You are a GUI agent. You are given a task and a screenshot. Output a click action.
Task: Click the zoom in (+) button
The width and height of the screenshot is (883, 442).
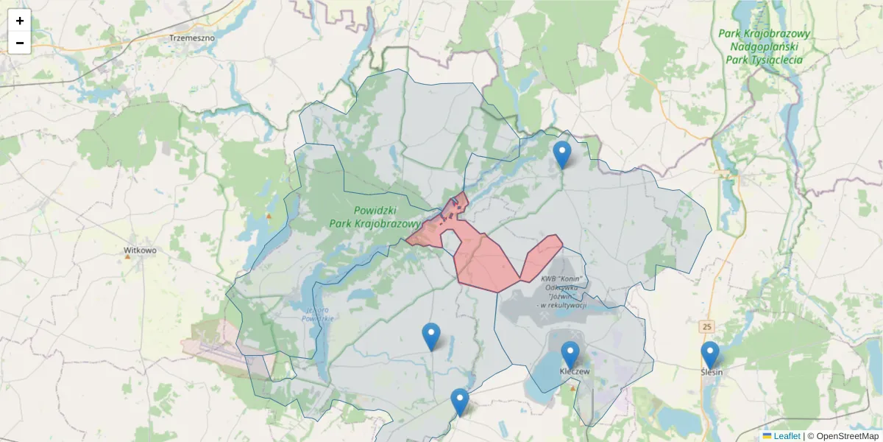pyautogui.click(x=20, y=21)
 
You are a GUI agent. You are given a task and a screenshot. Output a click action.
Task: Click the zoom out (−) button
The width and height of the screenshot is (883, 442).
pyautogui.click(x=20, y=43)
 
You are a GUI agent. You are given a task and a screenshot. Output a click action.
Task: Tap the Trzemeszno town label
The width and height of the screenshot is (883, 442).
pyautogui.click(x=191, y=37)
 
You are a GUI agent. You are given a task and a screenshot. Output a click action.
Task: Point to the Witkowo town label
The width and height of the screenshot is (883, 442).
pyautogui.click(x=140, y=250)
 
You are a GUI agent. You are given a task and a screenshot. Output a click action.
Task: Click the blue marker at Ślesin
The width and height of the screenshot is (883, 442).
pyautogui.click(x=709, y=354)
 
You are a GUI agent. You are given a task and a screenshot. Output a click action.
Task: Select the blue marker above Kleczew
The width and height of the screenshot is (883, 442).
pyautogui.click(x=570, y=355)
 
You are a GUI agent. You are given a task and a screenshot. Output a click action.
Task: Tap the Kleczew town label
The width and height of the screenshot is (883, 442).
pyautogui.click(x=575, y=372)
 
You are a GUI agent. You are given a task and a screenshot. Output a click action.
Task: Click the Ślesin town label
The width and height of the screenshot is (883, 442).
pyautogui.click(x=712, y=372)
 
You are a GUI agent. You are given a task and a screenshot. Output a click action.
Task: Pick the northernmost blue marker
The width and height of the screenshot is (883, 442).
pyautogui.click(x=562, y=154)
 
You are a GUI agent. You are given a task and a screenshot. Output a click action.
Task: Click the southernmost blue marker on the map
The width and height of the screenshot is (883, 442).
pyautogui.click(x=460, y=401)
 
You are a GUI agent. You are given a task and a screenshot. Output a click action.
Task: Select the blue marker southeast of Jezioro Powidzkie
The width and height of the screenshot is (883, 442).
pyautogui.click(x=431, y=336)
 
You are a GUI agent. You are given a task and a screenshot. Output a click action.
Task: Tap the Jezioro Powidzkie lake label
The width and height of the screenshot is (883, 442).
pyautogui.click(x=318, y=314)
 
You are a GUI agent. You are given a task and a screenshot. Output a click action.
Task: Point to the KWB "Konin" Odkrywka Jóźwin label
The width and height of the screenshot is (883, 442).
pyautogui.click(x=563, y=292)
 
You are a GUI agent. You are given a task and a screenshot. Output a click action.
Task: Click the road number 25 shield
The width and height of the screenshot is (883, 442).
pyautogui.click(x=707, y=326)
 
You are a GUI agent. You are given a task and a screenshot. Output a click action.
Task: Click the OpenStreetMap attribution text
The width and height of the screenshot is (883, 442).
pyautogui.click(x=843, y=436)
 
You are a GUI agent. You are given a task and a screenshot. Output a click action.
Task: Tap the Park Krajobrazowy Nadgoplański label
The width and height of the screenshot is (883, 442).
pyautogui.click(x=764, y=46)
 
